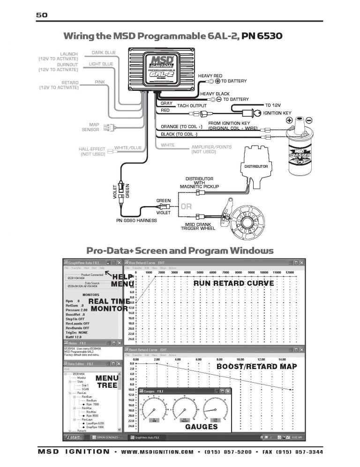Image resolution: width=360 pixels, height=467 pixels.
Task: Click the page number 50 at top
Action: click(x=42, y=15)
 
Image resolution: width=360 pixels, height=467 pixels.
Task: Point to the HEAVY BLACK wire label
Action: click(x=215, y=94)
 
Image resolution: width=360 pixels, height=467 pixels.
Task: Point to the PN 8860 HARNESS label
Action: click(x=136, y=220)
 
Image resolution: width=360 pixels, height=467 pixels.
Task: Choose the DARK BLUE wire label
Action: click(x=104, y=53)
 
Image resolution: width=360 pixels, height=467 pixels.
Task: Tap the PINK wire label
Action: click(x=100, y=82)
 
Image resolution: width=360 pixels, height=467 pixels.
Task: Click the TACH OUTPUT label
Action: click(x=192, y=106)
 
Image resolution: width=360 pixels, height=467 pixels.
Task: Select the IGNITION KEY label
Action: click(x=277, y=113)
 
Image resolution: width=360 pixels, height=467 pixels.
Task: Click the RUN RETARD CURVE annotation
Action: click(x=233, y=283)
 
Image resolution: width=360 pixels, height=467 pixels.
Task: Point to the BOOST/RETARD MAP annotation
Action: click(x=256, y=366)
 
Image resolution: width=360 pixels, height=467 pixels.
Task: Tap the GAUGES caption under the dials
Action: click(x=201, y=427)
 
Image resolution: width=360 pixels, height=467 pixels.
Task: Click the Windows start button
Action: click(x=72, y=437)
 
